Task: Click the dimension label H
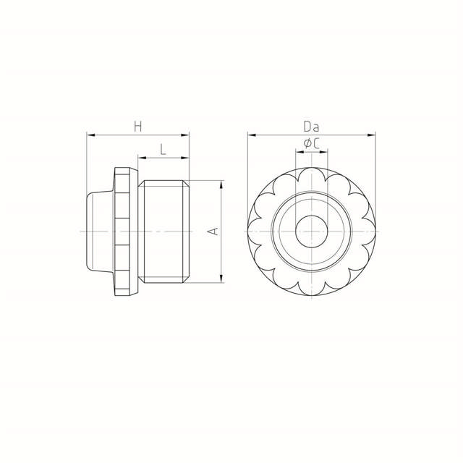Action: [x=138, y=127]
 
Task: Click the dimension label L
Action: [x=163, y=150]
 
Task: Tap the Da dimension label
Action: [x=311, y=127]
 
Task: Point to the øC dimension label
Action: [x=311, y=144]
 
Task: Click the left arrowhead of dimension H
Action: [x=90, y=135]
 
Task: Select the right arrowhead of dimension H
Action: [x=185, y=135]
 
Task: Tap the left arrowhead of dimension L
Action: [x=142, y=158]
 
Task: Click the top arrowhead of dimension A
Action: [x=221, y=184]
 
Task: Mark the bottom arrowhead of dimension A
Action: [x=221, y=279]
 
